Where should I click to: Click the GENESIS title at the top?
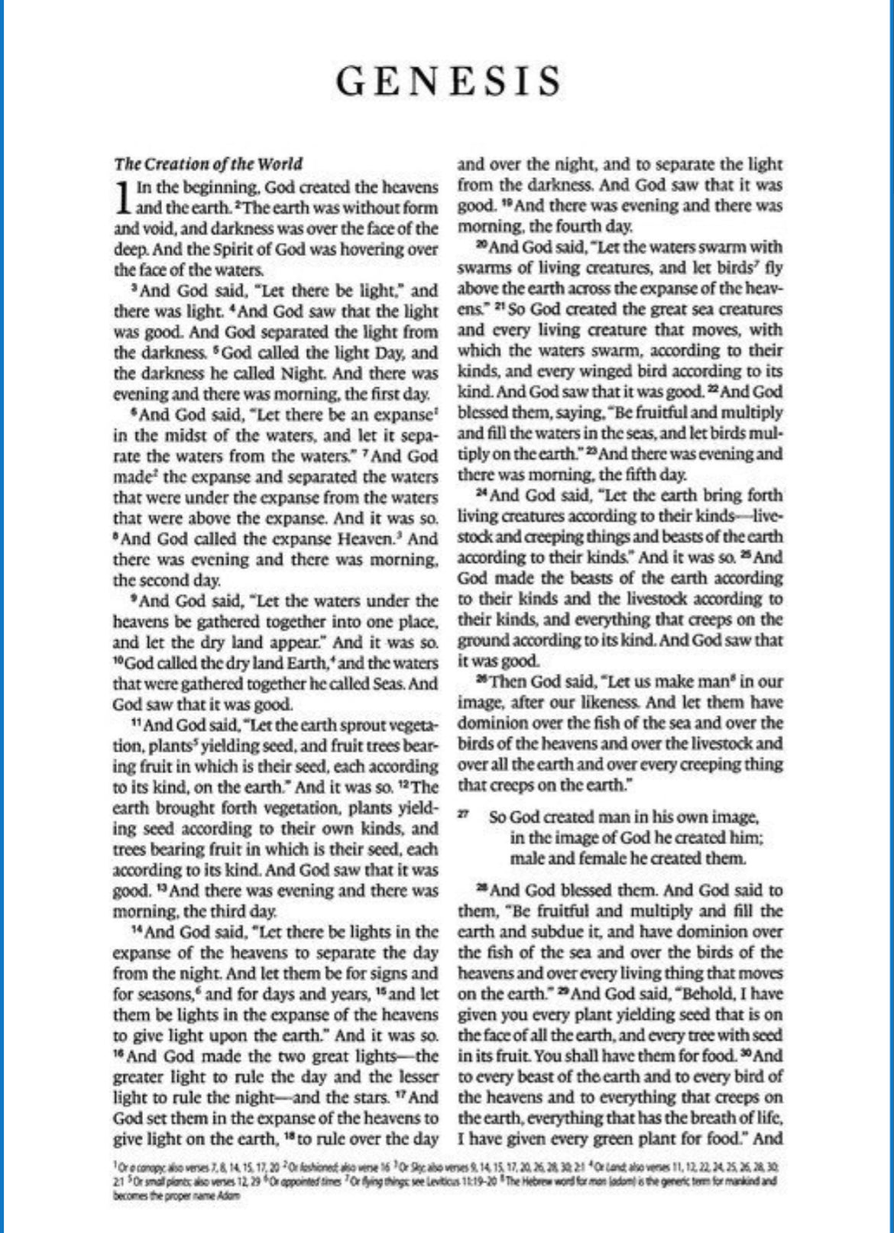[x=449, y=81]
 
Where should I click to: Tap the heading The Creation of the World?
[x=208, y=163]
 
